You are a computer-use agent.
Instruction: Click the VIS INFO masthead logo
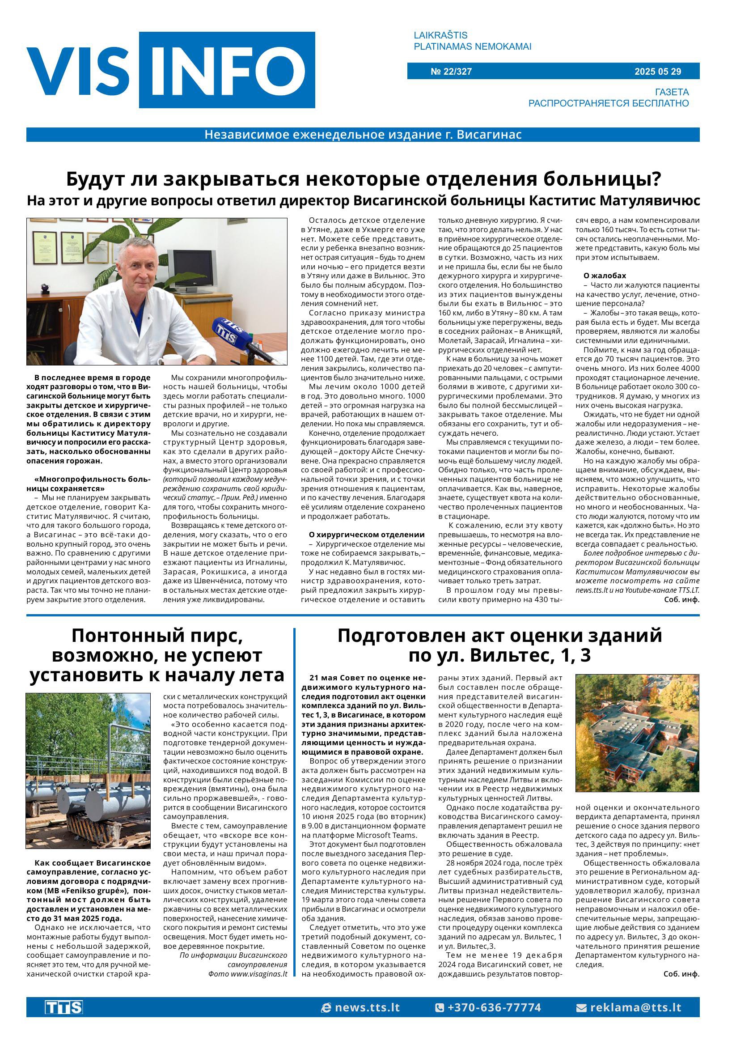[x=171, y=70]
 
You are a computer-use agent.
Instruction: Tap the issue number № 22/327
[x=451, y=72]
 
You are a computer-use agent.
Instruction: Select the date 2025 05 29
[x=657, y=72]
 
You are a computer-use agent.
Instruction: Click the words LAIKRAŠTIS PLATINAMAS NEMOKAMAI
[x=472, y=41]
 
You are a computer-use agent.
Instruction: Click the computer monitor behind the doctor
[x=192, y=268]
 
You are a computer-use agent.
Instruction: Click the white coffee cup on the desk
[x=173, y=360]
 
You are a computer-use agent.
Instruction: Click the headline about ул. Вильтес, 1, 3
[x=499, y=645]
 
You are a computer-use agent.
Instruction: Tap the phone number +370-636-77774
[x=488, y=1007]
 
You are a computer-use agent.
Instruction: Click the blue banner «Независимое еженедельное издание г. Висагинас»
[x=363, y=135]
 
